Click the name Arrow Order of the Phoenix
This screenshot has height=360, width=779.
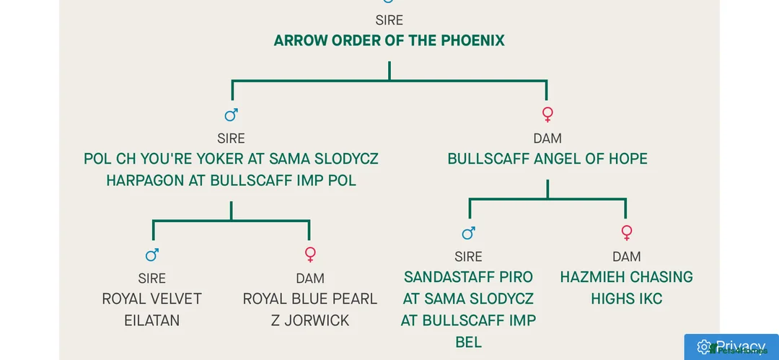pos(389,40)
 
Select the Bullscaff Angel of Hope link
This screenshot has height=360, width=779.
pos(547,159)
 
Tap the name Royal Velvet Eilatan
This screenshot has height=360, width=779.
pos(151,309)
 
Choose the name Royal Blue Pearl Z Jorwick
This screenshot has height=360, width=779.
pos(309,309)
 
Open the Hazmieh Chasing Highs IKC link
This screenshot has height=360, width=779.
pos(626,287)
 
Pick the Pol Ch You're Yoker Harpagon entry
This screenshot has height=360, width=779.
pos(231,170)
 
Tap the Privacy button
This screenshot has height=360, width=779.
pos(731,347)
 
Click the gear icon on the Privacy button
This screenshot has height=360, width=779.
pos(703,347)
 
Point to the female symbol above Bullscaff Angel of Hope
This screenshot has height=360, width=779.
pos(547,115)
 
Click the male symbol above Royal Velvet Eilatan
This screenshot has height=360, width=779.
pos(151,255)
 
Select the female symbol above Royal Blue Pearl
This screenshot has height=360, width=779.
pos(310,255)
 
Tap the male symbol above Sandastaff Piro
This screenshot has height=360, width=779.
pos(468,233)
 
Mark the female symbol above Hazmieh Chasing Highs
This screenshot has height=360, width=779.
pos(626,233)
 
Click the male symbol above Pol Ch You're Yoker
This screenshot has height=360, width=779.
pos(231,115)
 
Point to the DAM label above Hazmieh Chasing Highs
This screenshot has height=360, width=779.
pos(626,257)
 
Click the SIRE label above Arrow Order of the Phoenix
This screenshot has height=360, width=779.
pos(389,21)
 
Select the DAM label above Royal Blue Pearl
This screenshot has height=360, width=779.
pos(309,278)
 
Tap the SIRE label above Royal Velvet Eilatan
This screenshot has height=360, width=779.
pos(151,278)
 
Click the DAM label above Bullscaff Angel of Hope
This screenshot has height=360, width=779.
pos(547,139)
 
